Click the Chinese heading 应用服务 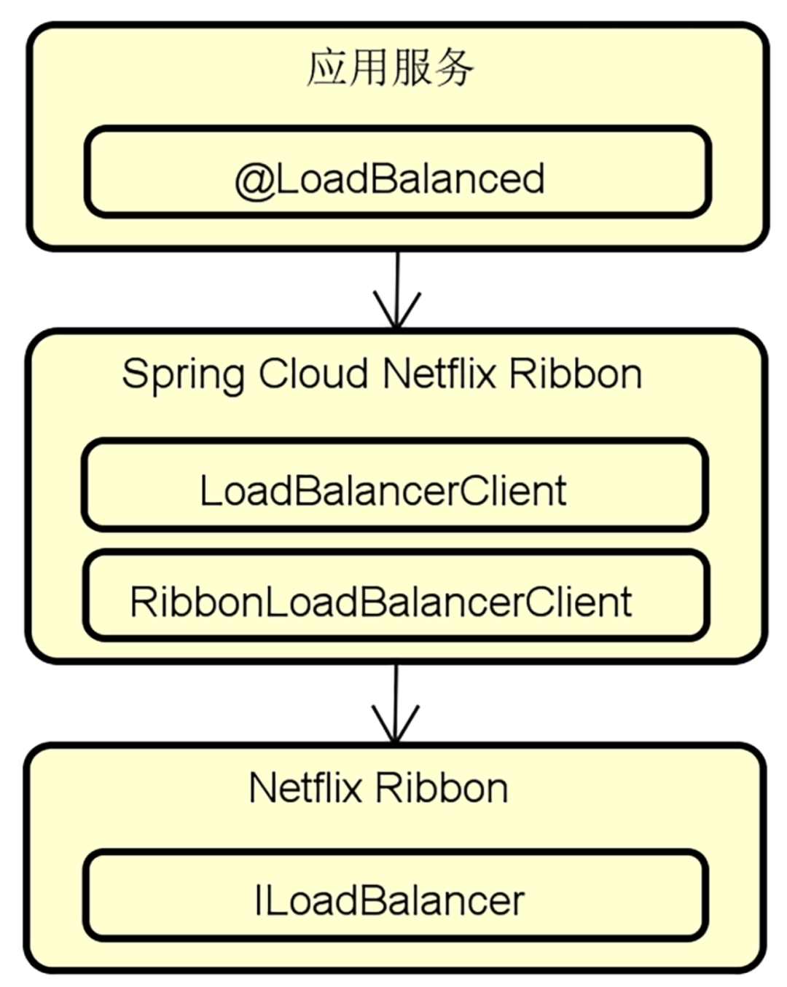pos(390,68)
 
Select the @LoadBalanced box pos(397,173)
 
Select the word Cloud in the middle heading pos(313,374)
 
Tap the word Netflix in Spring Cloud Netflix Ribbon pos(439,374)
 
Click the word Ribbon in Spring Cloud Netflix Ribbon pos(576,374)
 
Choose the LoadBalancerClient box pos(394,485)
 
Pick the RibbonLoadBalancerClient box pos(396,596)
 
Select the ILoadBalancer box pos(395,895)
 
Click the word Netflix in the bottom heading pos(305,788)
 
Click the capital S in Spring pos(136,374)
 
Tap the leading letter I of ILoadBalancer pos(259,900)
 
